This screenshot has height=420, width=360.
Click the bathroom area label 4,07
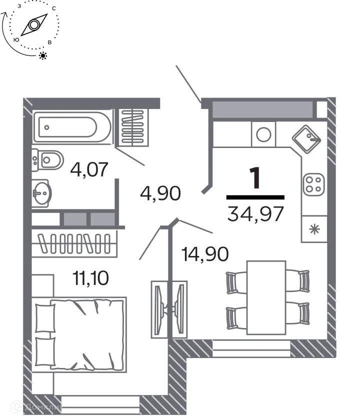[x=89, y=169]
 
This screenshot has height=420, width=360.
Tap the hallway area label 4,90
[x=160, y=192]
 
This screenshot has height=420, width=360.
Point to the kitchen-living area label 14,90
[x=205, y=253]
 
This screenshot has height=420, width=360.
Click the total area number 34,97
[x=255, y=213]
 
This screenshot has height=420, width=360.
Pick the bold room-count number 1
[x=255, y=179]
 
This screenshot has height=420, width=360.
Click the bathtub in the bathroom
[x=71, y=127]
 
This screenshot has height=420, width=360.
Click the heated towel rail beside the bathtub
[x=132, y=127]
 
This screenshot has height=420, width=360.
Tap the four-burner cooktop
[x=314, y=183]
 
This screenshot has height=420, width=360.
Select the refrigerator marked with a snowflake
[x=314, y=229]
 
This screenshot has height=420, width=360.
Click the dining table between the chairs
[x=266, y=297]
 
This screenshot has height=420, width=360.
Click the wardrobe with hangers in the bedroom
[x=75, y=244]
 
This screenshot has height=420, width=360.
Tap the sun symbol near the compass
[x=43, y=55]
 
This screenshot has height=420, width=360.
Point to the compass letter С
[x=53, y=9]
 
